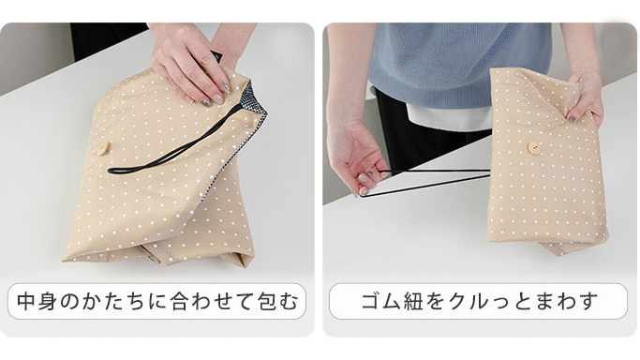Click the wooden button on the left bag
[x=103, y=148]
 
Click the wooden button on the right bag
[x=534, y=147]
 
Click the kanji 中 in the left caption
[x=26, y=301]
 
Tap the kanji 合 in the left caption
[x=180, y=301]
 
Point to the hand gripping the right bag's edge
[x=586, y=97]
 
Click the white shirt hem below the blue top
[x=448, y=116]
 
